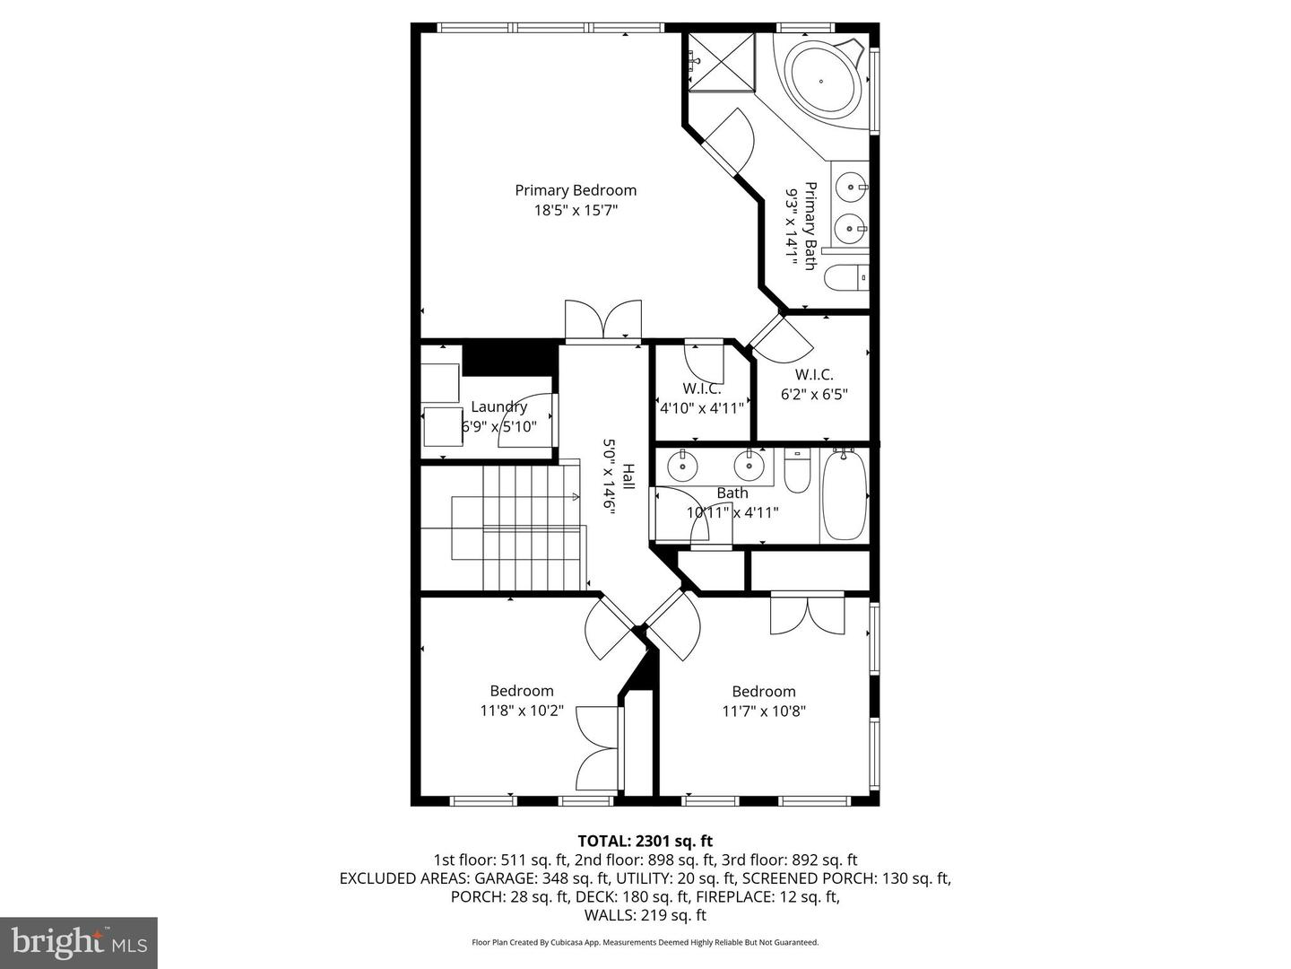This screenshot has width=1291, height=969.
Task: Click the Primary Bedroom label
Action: click(x=576, y=190)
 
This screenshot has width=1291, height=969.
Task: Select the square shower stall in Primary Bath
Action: click(x=723, y=61)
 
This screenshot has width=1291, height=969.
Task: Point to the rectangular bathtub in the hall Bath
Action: click(x=844, y=495)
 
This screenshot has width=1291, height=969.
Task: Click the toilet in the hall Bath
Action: click(x=797, y=470)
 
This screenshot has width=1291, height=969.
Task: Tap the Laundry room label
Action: click(x=498, y=406)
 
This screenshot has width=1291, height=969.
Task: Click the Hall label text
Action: click(x=628, y=476)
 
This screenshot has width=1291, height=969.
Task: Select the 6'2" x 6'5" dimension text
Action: click(x=814, y=393)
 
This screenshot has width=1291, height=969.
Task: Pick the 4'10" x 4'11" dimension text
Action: click(x=701, y=407)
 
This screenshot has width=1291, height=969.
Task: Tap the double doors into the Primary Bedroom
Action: click(x=603, y=321)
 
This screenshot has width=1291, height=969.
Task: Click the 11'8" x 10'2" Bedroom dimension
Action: click(x=522, y=711)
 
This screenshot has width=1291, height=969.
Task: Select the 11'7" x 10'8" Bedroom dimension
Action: click(x=764, y=711)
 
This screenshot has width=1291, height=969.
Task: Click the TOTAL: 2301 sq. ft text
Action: click(x=645, y=841)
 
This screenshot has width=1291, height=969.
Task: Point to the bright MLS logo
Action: click(x=79, y=942)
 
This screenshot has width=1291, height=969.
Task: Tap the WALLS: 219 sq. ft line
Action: click(x=645, y=915)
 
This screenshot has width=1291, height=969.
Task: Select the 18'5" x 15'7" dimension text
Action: click(x=576, y=211)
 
